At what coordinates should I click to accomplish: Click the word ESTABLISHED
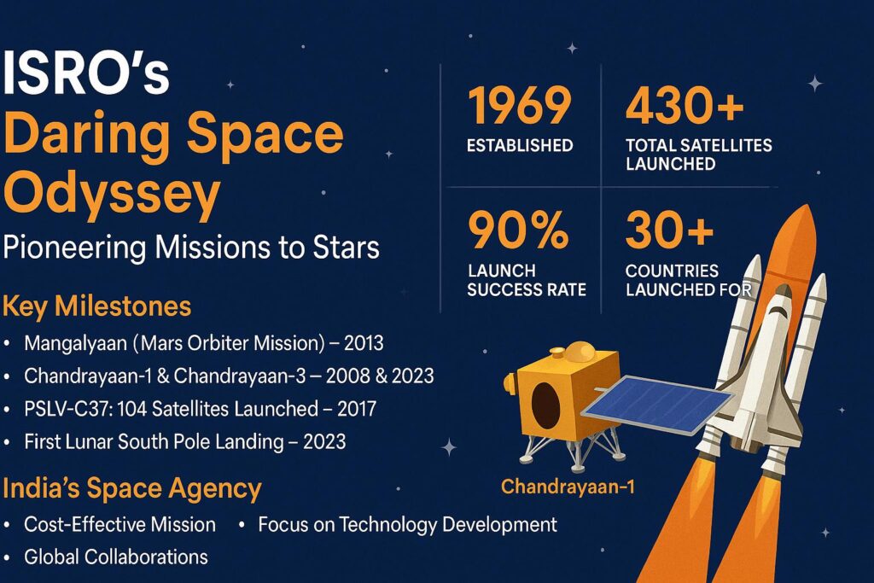(x=519, y=146)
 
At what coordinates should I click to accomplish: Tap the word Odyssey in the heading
(x=111, y=195)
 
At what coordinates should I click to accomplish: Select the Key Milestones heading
(x=97, y=306)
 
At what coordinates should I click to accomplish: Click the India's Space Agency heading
(x=132, y=489)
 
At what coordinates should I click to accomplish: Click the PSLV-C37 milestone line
(x=200, y=409)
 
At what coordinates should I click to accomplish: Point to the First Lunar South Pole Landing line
(x=184, y=441)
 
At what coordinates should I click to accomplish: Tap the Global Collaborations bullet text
(x=115, y=557)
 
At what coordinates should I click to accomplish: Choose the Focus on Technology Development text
(x=407, y=524)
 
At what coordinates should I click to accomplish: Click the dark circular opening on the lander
(x=547, y=405)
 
